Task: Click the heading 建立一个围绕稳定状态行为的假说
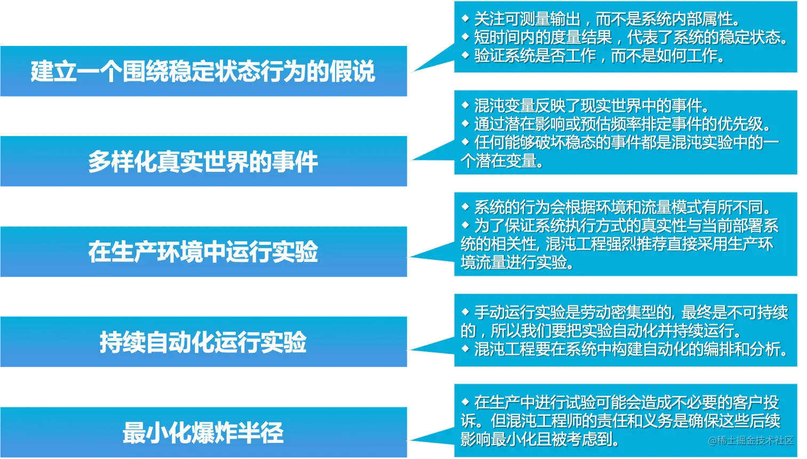click(x=203, y=72)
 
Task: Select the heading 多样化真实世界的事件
click(x=203, y=161)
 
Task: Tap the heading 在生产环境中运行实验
click(x=203, y=251)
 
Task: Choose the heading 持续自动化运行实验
click(x=203, y=342)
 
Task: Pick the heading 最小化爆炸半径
click(x=203, y=432)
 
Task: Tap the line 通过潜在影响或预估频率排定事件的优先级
click(x=622, y=124)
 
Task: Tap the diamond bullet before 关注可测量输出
click(x=465, y=19)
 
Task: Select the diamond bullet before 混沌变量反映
click(x=465, y=105)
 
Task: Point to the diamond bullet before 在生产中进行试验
click(x=465, y=401)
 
